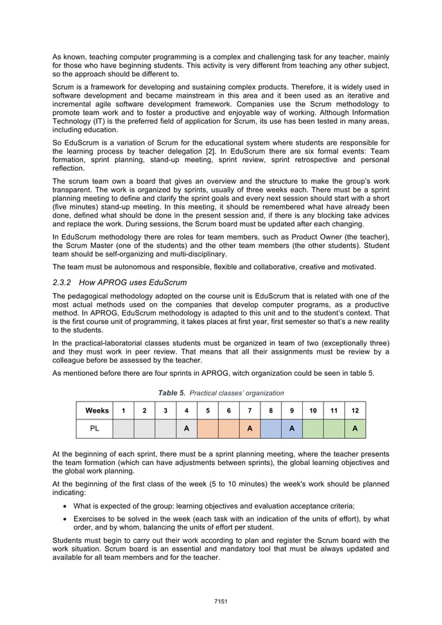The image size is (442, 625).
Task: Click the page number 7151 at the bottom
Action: click(220, 601)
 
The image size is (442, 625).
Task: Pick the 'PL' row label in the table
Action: click(95, 428)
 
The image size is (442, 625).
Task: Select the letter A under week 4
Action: click(186, 428)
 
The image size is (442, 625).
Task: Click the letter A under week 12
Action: click(355, 428)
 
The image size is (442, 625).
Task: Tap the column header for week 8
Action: click(270, 410)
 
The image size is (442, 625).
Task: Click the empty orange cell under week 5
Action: click(208, 428)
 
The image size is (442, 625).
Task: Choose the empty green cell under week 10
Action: click(313, 428)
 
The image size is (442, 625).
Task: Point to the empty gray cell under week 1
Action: click(123, 428)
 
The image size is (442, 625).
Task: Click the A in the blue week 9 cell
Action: click(292, 428)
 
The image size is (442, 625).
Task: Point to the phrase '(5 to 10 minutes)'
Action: click(202, 484)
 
